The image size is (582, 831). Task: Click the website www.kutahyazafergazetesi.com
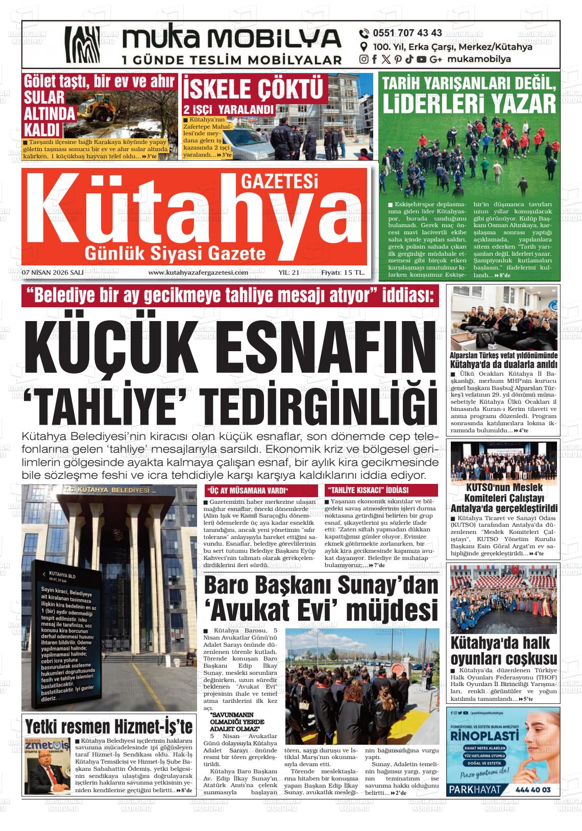pyautogui.click(x=198, y=273)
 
